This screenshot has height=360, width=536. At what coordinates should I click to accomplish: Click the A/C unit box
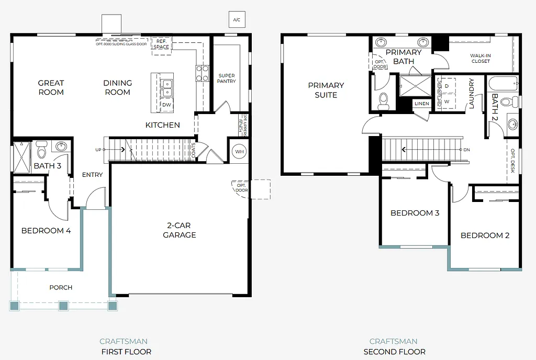click(x=237, y=20)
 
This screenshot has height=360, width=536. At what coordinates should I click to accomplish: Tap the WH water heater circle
click(x=239, y=151)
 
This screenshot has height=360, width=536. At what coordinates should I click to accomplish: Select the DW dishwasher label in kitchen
click(x=166, y=105)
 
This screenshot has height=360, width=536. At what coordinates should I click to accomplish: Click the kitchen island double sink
click(x=166, y=88)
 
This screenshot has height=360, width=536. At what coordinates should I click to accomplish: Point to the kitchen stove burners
click(x=202, y=73)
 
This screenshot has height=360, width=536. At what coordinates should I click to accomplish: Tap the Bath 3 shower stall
click(x=22, y=157)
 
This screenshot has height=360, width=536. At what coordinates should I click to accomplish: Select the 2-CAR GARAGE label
click(x=179, y=230)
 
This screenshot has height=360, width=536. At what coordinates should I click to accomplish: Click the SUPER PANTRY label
click(x=227, y=78)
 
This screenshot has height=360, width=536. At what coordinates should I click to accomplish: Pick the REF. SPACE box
click(x=161, y=44)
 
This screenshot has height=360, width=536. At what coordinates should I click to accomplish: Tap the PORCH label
click(x=61, y=287)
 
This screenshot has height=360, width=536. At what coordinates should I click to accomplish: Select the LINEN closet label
click(x=421, y=104)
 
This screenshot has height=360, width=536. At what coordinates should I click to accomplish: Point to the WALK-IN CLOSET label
click(x=480, y=58)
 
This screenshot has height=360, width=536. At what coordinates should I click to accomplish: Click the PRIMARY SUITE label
click(x=326, y=90)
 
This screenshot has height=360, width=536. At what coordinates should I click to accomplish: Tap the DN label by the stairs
click(x=466, y=150)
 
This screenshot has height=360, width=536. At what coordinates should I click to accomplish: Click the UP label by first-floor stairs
click(x=98, y=150)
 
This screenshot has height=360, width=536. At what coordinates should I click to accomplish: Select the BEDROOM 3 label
click(x=415, y=213)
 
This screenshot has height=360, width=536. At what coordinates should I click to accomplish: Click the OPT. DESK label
click(x=513, y=161)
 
